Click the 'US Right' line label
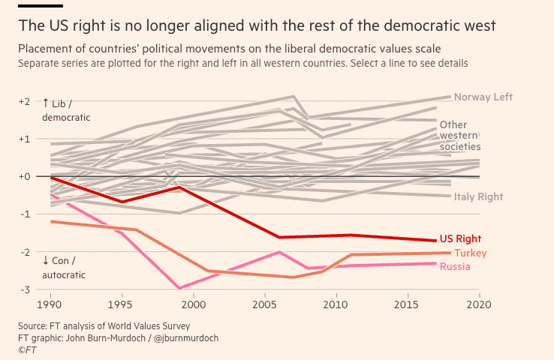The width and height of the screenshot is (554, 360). (x=459, y=238)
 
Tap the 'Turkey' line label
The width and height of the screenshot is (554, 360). (x=470, y=253)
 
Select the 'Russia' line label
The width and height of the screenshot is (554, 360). (x=455, y=267)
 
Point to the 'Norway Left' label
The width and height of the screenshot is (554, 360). (x=483, y=97)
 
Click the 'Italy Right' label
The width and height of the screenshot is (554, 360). (x=478, y=196)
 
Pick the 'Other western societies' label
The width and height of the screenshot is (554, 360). (x=459, y=136)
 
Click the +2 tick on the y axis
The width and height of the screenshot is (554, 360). (x=24, y=101)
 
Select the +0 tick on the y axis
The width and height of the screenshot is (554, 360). (x=24, y=176)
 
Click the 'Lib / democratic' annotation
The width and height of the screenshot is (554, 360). (x=66, y=109)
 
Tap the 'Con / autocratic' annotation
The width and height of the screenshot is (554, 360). (x=64, y=268)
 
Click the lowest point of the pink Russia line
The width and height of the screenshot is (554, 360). (x=179, y=288)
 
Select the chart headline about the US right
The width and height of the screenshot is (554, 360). (x=257, y=25)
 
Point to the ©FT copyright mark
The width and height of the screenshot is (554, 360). (x=27, y=349)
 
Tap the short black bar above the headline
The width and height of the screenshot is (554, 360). (x=40, y=5)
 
